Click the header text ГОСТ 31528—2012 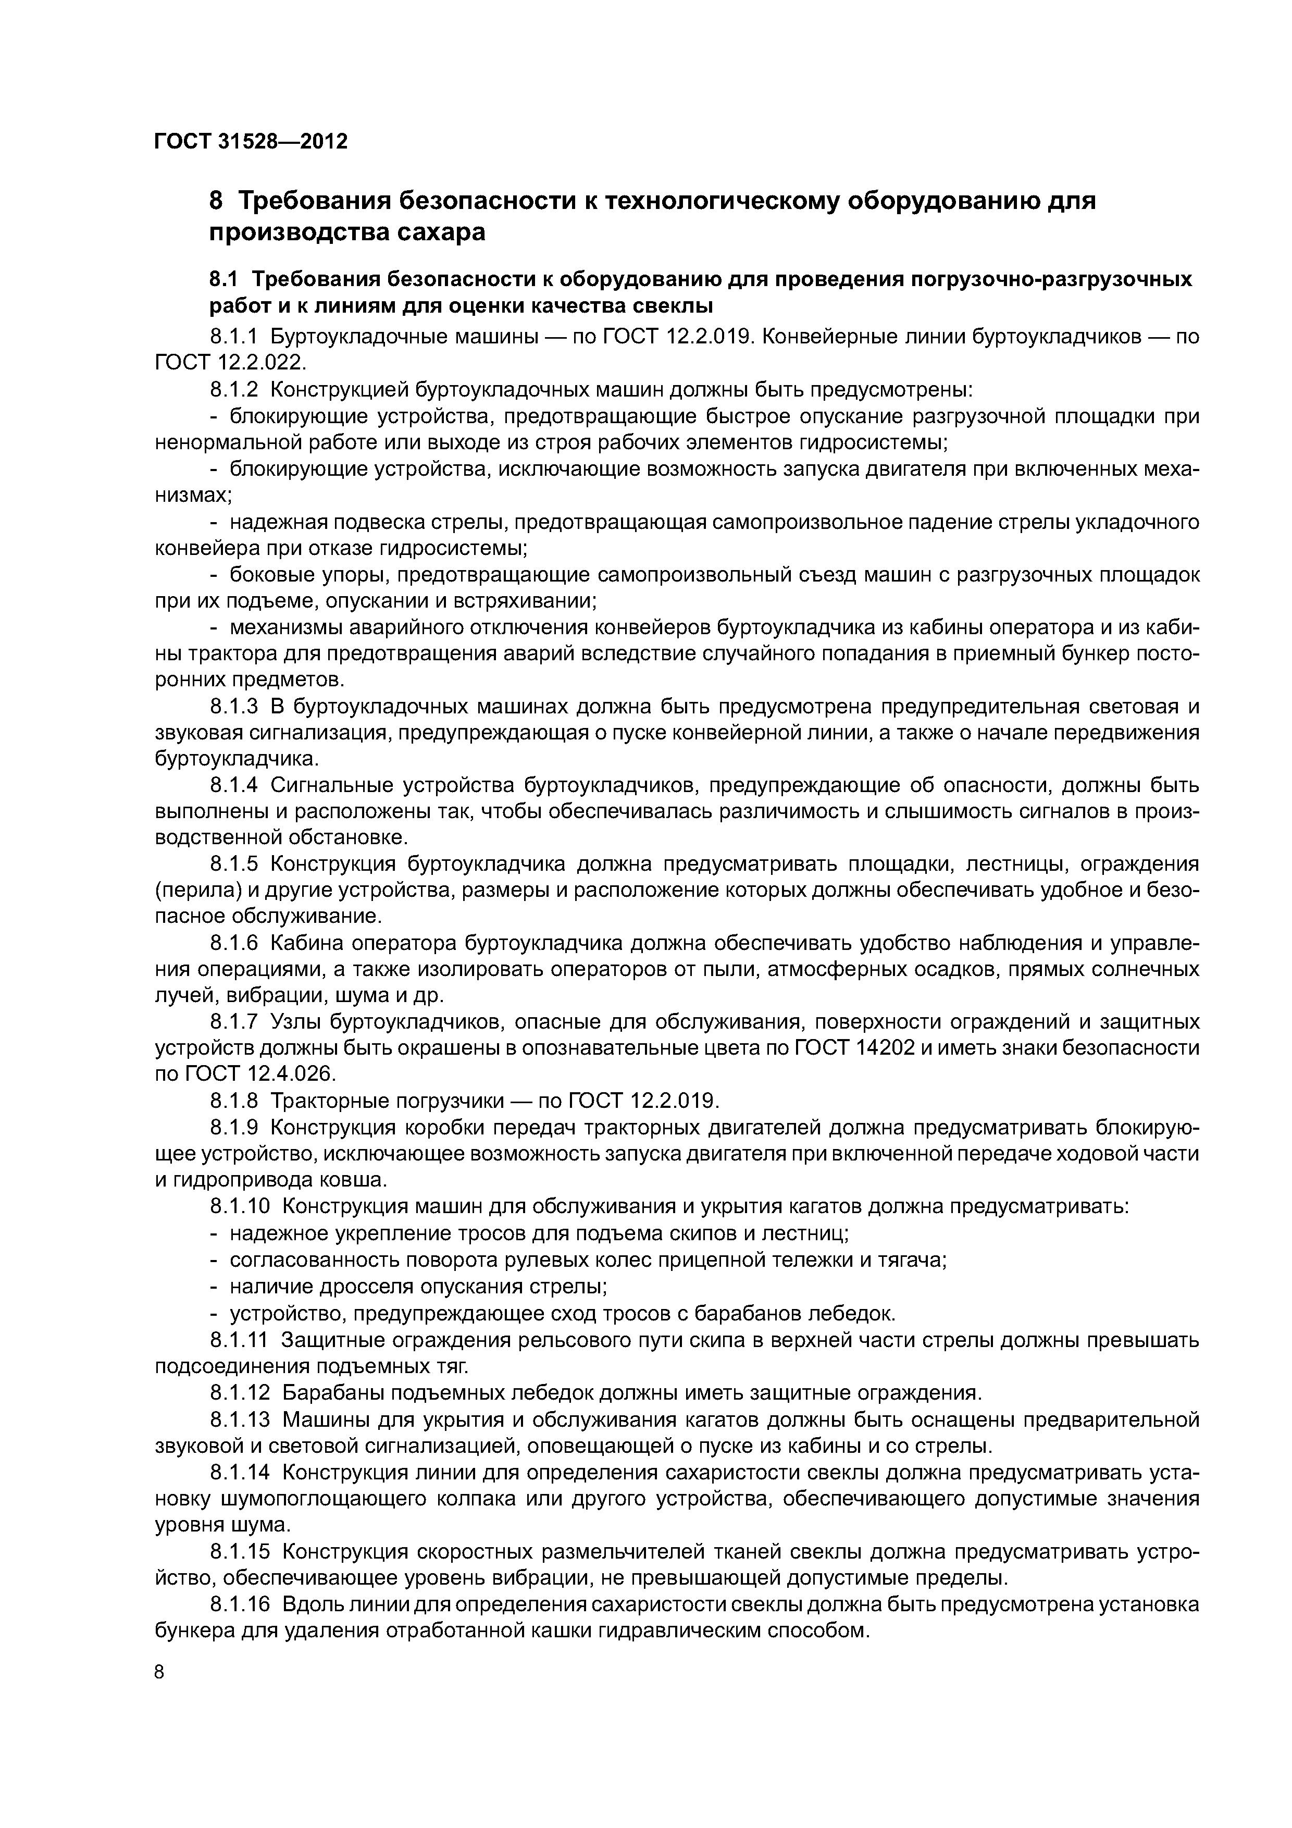point(251,142)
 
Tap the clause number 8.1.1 point(235,337)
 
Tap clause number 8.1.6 point(235,944)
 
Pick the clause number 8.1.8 point(235,1101)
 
